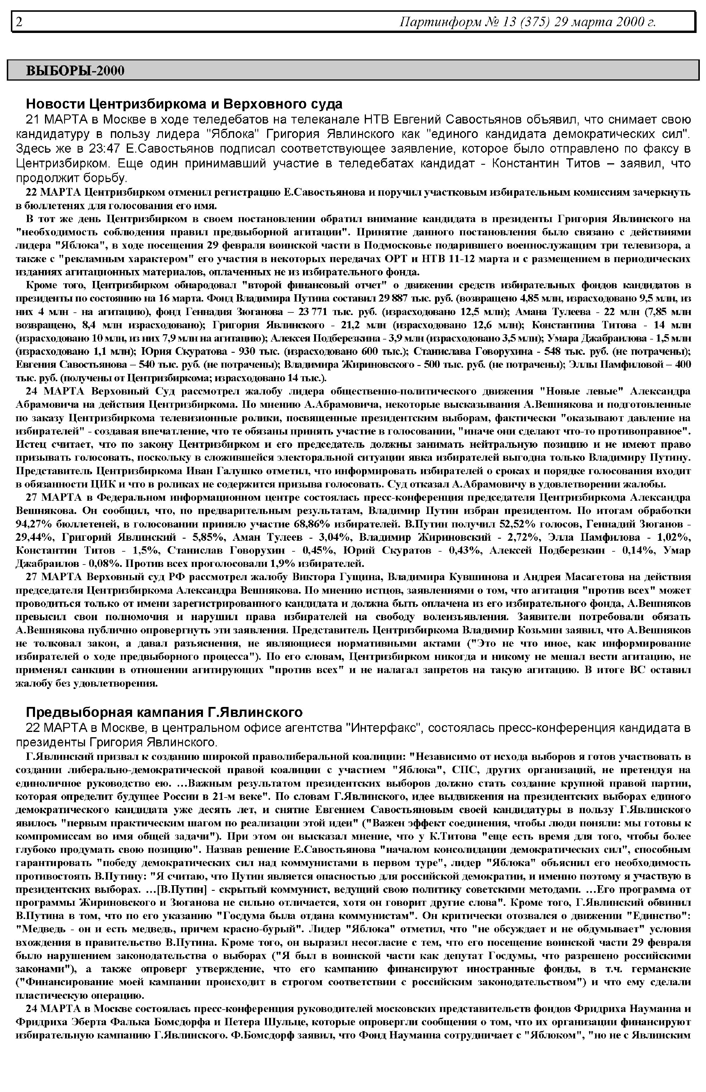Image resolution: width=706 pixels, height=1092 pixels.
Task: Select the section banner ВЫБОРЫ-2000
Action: click(75, 71)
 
